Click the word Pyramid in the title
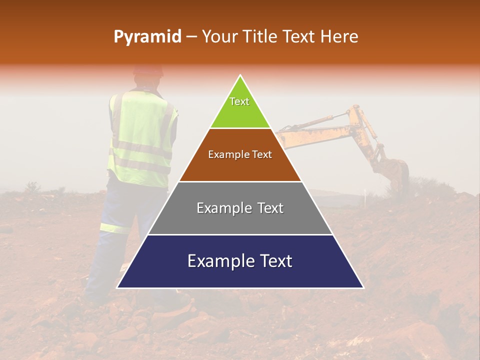147,37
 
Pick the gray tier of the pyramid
240,220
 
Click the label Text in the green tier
239,101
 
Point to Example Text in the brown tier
240,154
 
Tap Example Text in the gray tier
240,208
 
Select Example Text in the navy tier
240,261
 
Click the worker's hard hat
148,70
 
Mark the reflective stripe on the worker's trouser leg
114,228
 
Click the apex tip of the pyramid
240,75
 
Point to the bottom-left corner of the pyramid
117,287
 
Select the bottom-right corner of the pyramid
363,287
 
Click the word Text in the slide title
300,37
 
